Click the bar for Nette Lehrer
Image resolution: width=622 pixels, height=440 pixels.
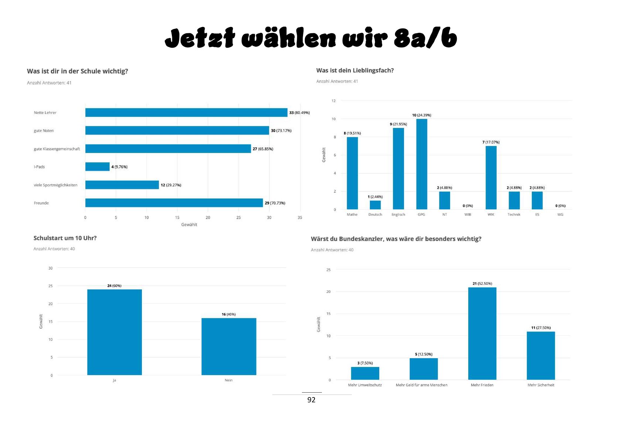(186, 112)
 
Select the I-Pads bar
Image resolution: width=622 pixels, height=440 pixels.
(97, 167)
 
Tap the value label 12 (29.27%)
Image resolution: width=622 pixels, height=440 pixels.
(171, 185)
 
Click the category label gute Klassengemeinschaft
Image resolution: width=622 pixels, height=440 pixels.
(57, 149)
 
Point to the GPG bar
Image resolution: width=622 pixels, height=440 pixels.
(421, 164)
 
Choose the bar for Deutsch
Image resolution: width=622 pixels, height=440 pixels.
(375, 205)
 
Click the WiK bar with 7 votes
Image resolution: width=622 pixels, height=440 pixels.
(491, 178)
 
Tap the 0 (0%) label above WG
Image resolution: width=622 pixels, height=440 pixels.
(560, 206)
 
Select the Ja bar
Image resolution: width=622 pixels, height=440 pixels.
(115, 332)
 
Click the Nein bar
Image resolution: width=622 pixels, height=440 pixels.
(229, 346)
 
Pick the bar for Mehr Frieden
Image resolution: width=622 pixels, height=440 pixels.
(482, 334)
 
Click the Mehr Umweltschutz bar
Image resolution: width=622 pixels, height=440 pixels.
(365, 373)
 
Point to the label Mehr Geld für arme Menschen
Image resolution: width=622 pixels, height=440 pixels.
(421, 385)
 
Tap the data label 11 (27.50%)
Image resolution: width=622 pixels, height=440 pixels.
(541, 328)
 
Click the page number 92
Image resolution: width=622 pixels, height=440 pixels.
(311, 400)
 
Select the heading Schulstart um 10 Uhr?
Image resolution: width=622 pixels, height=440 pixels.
(65, 238)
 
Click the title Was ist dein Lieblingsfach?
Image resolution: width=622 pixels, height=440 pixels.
(355, 70)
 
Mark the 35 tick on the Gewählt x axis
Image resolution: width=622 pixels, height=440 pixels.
(300, 217)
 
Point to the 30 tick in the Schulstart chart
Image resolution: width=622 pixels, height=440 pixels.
(50, 268)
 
